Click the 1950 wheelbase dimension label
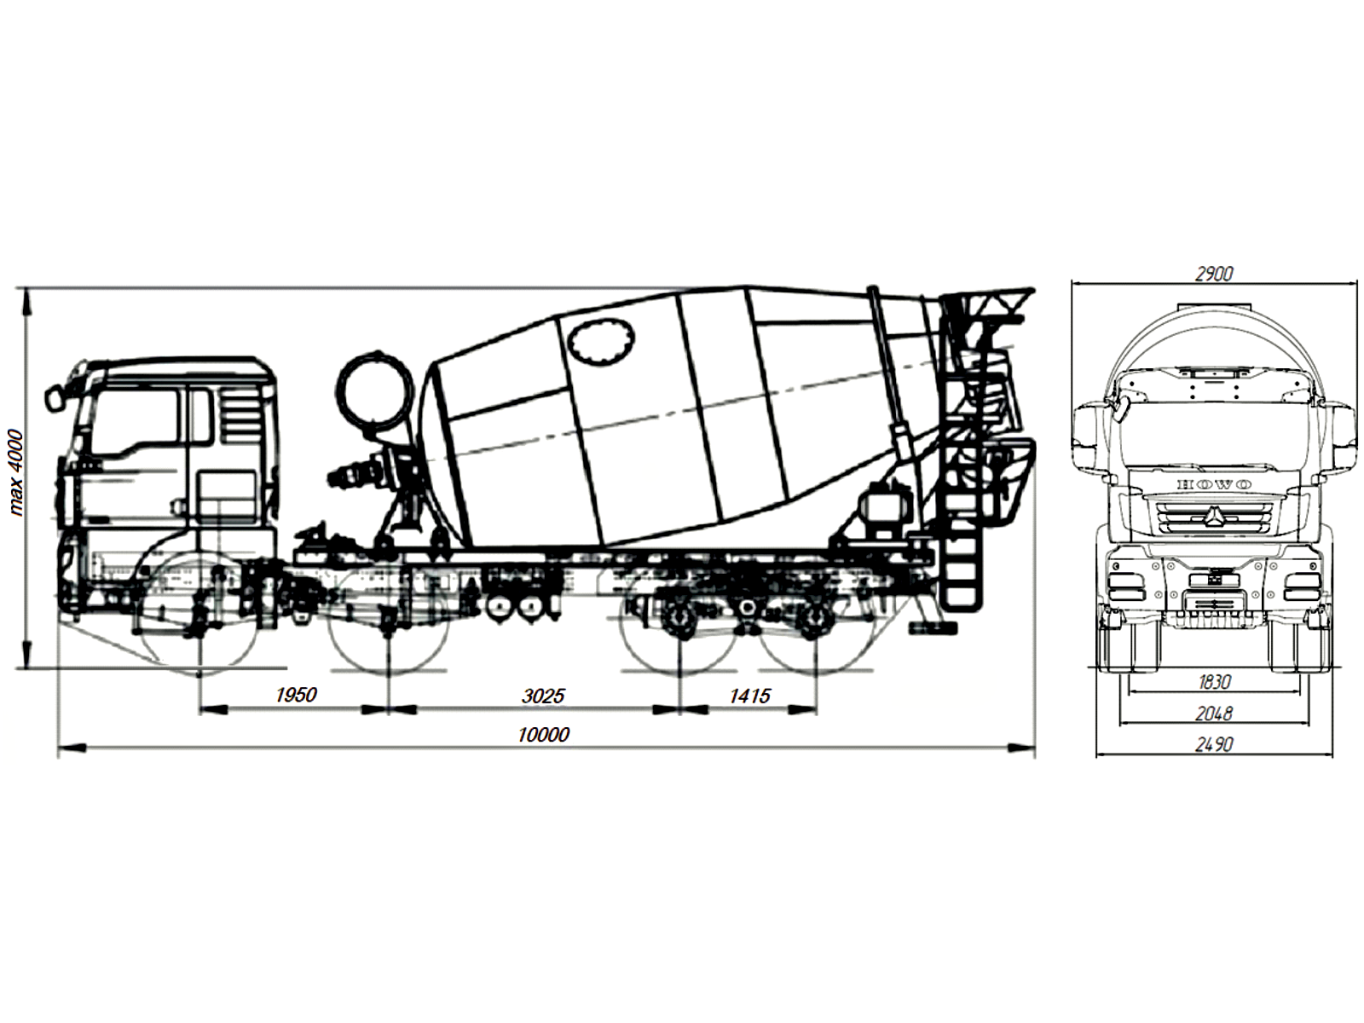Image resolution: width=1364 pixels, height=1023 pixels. [x=296, y=695]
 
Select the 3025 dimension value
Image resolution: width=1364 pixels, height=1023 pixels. [x=543, y=696]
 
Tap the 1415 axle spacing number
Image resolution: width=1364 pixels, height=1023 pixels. [x=749, y=696]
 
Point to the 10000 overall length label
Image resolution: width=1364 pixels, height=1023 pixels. [x=543, y=735]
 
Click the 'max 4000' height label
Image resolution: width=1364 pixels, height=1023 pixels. [x=16, y=473]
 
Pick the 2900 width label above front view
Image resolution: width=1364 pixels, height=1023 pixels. [x=1214, y=274]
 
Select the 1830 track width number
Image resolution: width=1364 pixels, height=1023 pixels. [x=1214, y=682]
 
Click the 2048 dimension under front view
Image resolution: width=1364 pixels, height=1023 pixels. [x=1214, y=714]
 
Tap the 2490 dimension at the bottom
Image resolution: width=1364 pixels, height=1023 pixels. [x=1214, y=744]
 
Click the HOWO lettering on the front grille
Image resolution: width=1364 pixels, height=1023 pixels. [x=1214, y=484]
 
